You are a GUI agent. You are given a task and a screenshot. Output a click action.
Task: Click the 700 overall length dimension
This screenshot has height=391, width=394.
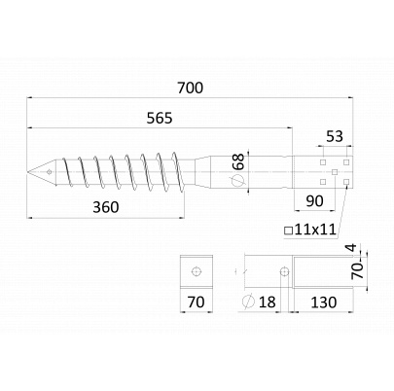pos(191,88)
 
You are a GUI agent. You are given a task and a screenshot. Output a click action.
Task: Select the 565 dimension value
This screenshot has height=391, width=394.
pos(160,119)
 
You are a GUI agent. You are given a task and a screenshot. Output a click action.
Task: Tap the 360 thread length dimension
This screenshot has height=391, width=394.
pos(106,207)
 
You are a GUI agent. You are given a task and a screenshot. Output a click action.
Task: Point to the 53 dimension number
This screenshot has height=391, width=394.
pos(335,136)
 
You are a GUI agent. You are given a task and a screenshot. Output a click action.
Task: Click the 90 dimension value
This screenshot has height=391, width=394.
pos(314,201)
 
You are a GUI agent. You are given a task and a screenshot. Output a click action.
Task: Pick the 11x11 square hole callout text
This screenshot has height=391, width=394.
pos(315,230)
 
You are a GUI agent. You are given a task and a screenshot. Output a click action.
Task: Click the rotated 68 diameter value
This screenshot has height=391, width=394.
pos(239,161)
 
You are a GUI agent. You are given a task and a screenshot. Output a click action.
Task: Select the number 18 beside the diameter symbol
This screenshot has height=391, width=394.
pos(268,302)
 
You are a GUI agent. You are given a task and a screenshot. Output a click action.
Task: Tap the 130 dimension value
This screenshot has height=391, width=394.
pos(324,302)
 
